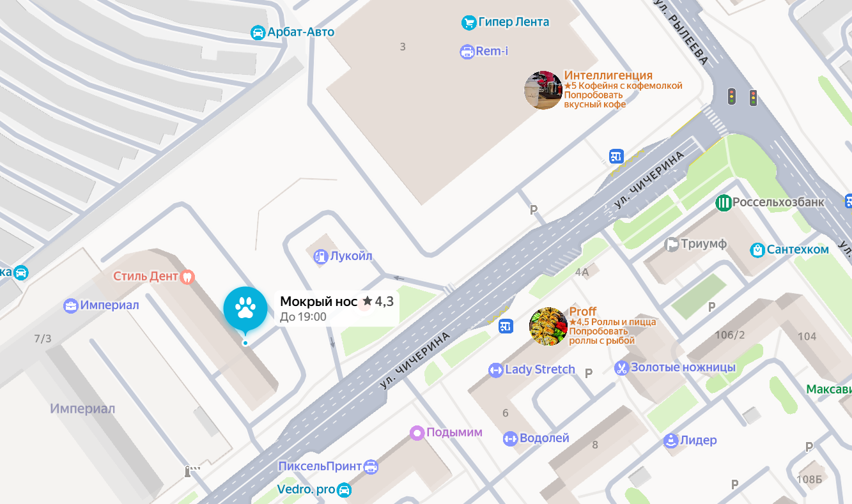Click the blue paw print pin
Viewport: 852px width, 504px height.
coord(245,309)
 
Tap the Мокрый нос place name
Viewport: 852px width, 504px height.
coord(318,302)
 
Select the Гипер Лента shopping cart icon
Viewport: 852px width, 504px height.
coord(469,22)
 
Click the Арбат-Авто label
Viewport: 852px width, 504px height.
coord(300,32)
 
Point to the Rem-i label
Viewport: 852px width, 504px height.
coord(492,51)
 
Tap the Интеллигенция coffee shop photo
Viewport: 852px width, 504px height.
coord(543,90)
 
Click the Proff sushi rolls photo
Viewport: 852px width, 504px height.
coord(548,326)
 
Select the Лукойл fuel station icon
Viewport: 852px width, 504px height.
coord(320,257)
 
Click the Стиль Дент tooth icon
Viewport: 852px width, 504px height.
coord(187,277)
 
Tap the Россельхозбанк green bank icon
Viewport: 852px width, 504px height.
coord(724,203)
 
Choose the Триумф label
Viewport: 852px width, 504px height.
coord(704,244)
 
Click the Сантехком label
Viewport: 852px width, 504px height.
coord(798,250)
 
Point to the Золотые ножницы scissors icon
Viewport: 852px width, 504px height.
coord(621,368)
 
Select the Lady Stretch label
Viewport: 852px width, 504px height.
coord(540,370)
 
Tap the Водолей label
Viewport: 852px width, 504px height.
coord(544,438)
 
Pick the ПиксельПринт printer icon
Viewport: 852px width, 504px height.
coord(371,467)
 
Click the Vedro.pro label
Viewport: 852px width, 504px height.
coord(306,490)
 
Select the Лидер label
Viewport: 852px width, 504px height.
coord(698,440)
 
